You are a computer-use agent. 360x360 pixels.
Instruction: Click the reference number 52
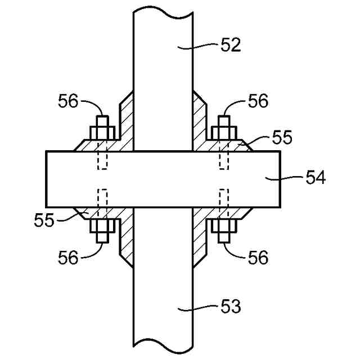(230, 46)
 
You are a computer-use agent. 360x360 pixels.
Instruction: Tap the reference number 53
(230, 307)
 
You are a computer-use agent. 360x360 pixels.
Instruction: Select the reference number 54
(316, 178)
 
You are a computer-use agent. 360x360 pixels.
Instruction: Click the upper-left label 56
(69, 101)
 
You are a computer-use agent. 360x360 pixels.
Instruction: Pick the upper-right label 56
(258, 101)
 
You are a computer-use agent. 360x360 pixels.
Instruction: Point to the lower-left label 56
(69, 257)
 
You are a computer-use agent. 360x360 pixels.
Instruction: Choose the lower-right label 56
(258, 257)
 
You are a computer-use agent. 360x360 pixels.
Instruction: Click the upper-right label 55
(283, 137)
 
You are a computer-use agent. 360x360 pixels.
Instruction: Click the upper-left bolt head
(102, 128)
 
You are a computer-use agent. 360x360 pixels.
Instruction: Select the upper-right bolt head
(224, 128)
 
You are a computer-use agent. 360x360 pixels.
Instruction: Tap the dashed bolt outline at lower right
(224, 199)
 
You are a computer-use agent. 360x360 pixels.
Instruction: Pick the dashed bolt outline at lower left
(102, 199)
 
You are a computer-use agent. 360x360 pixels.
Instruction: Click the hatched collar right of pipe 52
(199, 121)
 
